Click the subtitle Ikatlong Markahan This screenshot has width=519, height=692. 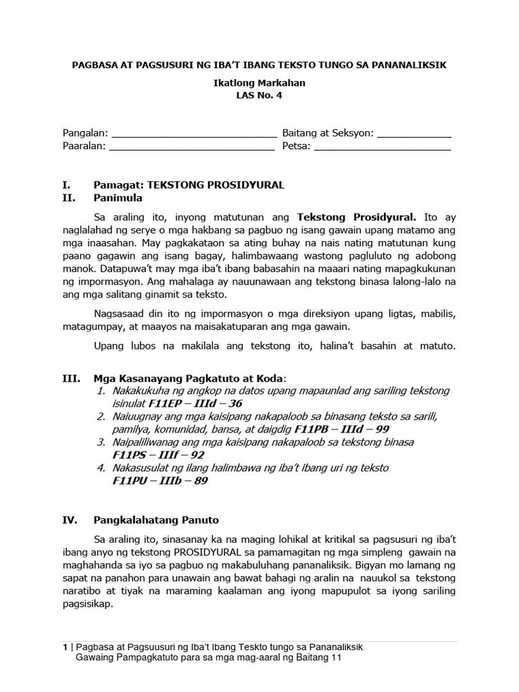pyautogui.click(x=259, y=83)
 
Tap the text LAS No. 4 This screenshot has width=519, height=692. pyautogui.click(x=259, y=95)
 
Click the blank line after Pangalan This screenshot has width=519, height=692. pyautogui.click(x=193, y=134)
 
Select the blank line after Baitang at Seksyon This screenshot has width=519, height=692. pyautogui.click(x=414, y=134)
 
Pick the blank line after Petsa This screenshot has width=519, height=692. pyautogui.click(x=382, y=146)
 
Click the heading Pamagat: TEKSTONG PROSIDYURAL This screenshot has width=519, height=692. pyautogui.click(x=189, y=184)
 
